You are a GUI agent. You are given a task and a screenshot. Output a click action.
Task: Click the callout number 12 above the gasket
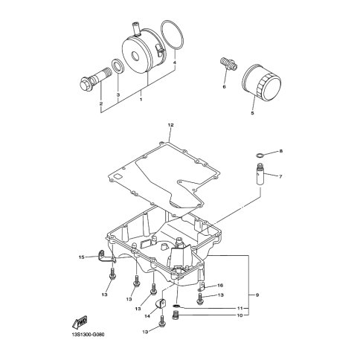point(170,125)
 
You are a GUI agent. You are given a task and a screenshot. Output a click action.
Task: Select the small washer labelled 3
point(118,65)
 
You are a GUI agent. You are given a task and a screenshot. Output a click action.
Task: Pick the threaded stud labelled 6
point(228,63)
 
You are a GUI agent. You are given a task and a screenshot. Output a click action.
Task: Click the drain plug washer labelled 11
point(176,306)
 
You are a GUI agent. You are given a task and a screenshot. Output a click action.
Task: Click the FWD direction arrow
point(80,322)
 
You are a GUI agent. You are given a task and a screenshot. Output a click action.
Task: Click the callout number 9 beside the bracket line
point(257,295)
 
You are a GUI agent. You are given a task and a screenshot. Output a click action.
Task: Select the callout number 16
point(220,286)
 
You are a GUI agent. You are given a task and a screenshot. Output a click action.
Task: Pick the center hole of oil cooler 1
point(135,57)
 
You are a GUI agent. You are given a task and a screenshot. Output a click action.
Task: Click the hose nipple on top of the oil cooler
point(137,28)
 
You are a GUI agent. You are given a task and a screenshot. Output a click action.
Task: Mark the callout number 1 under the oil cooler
point(141,100)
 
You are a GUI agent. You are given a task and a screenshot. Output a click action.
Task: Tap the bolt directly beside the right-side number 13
point(200,299)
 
